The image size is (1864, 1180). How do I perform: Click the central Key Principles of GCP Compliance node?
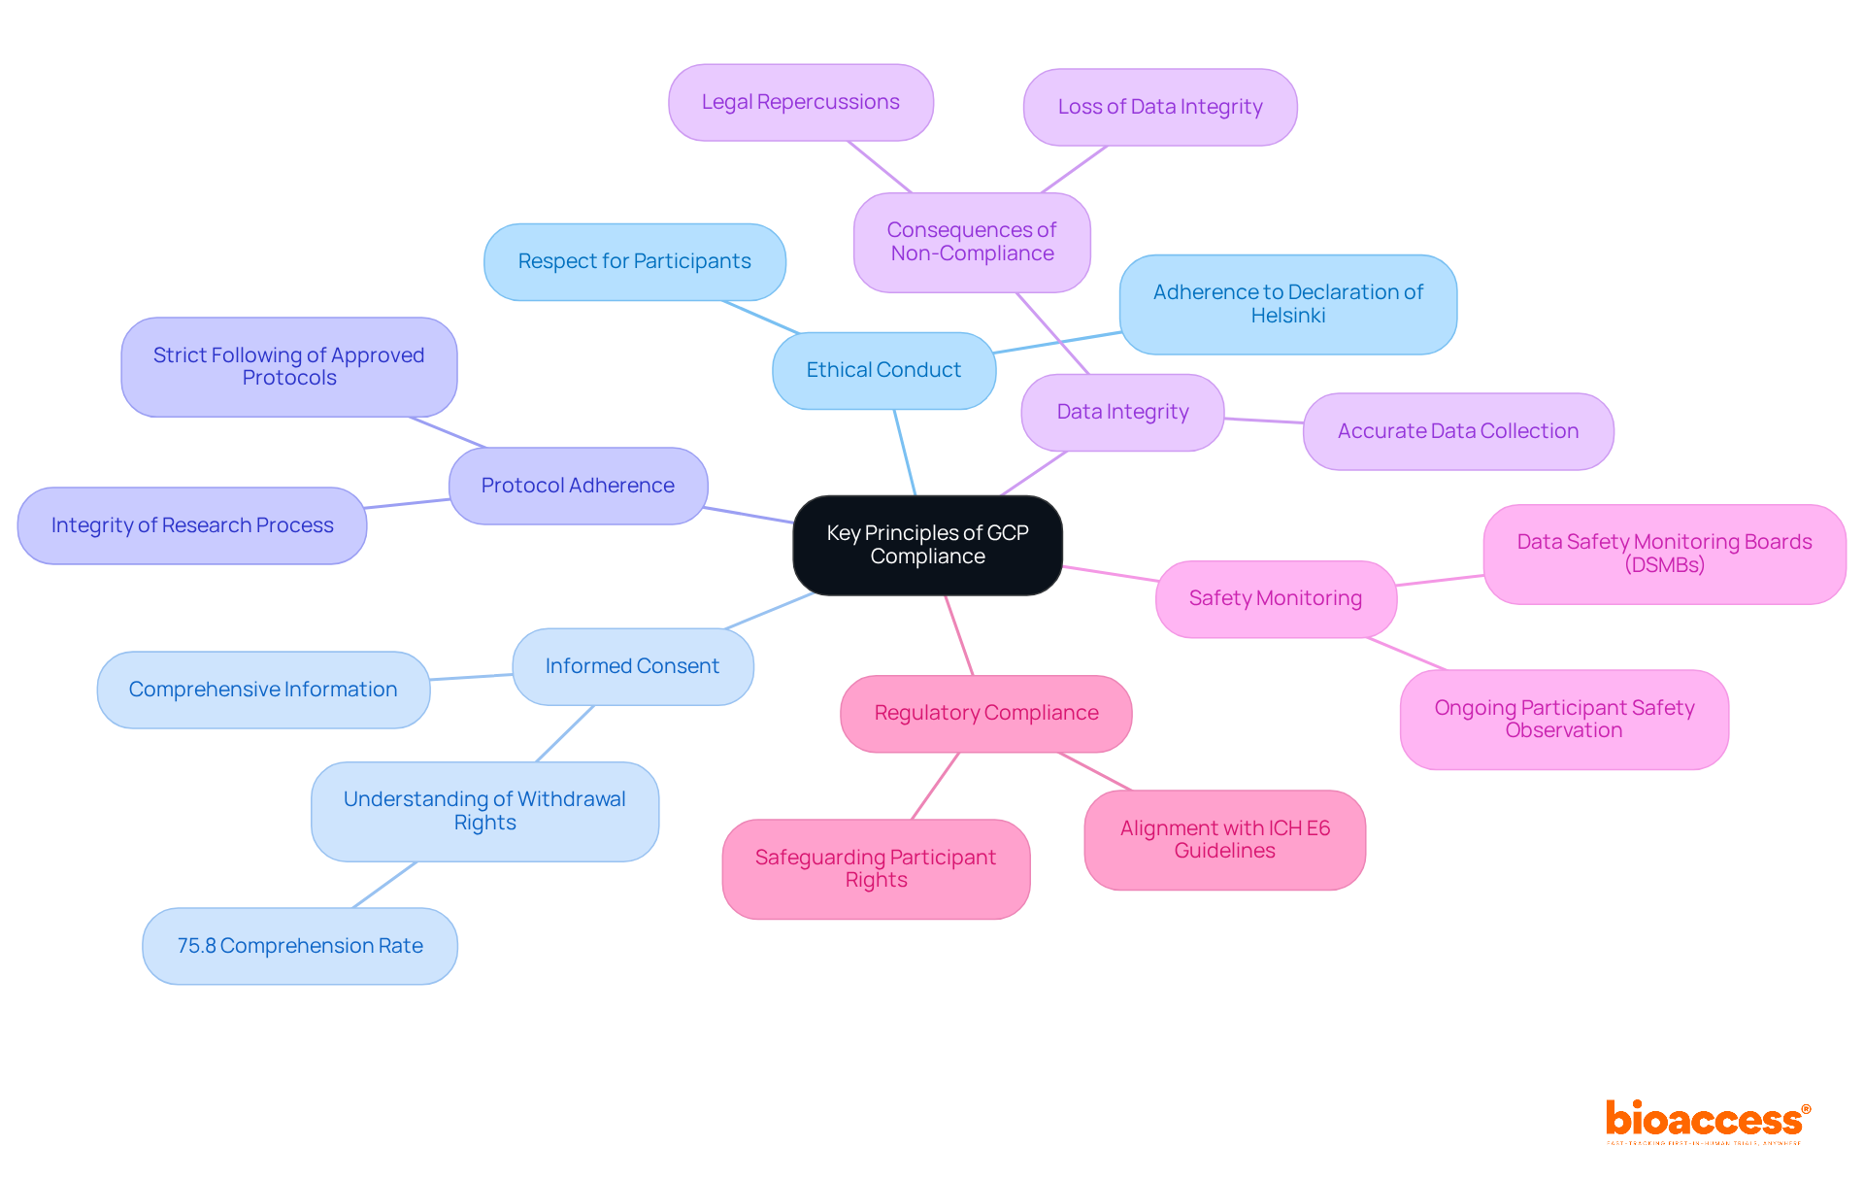[x=927, y=545]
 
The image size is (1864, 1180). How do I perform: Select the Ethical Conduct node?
[x=883, y=370]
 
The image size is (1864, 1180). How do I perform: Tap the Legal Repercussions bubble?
[x=800, y=102]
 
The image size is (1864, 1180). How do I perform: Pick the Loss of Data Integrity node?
[x=1159, y=107]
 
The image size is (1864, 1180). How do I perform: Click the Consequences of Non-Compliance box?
[x=972, y=242]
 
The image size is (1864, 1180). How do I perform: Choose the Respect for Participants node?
[x=634, y=261]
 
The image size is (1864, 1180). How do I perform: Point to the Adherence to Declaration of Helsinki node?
[x=1287, y=304]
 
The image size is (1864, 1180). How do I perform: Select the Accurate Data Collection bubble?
[x=1457, y=431]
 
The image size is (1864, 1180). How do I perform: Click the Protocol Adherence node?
[x=578, y=486]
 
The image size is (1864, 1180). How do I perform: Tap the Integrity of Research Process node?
[x=192, y=525]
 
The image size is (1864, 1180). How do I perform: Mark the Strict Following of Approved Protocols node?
[x=288, y=366]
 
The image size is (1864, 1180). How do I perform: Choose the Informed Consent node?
[x=632, y=666]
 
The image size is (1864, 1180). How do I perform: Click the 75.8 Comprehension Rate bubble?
[x=299, y=946]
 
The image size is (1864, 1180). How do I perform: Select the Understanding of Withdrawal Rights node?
[x=484, y=811]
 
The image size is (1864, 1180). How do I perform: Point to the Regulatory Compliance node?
[x=985, y=713]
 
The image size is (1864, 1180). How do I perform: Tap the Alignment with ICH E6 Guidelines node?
[x=1224, y=839]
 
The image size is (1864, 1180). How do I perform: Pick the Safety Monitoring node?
[x=1275, y=598]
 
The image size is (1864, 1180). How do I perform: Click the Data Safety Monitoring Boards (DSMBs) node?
[x=1664, y=554]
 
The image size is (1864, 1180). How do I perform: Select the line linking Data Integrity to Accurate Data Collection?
[x=1264, y=421]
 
